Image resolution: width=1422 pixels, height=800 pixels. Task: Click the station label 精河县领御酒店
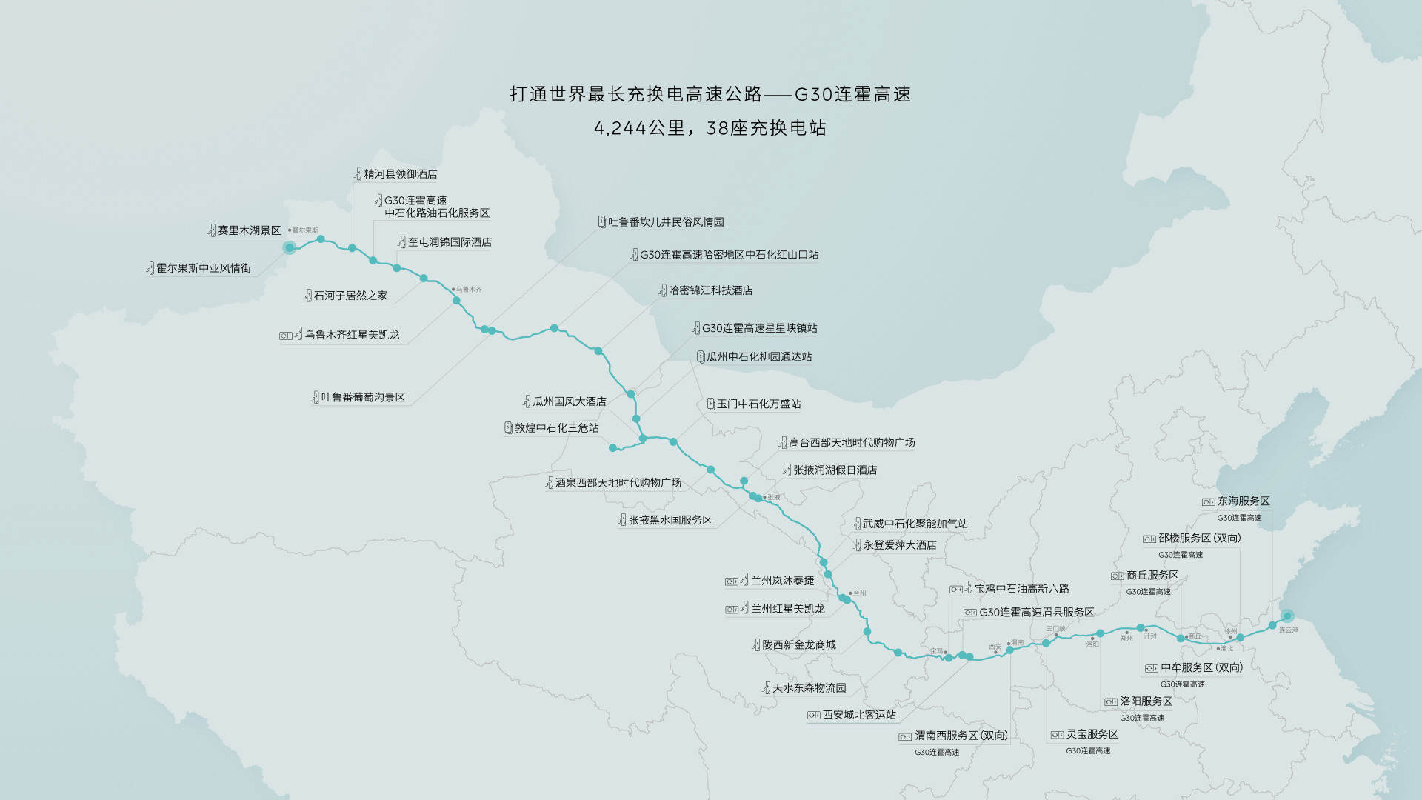point(400,174)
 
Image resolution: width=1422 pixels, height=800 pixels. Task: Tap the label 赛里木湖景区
point(249,231)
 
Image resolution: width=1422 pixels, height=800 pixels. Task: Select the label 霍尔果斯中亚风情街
point(204,268)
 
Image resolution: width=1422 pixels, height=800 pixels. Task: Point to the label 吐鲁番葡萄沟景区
point(363,398)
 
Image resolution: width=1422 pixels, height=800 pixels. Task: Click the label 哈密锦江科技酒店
point(710,290)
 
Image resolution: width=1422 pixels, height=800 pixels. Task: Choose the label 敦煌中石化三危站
point(556,428)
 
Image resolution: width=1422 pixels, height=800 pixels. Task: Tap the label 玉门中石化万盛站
point(758,404)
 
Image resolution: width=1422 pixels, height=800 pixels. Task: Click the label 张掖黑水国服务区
point(670,521)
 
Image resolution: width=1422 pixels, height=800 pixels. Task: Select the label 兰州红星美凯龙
point(787,609)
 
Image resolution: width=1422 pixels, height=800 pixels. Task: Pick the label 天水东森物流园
point(809,688)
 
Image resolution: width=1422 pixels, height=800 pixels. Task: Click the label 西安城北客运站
point(859,715)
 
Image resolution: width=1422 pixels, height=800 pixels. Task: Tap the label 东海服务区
point(1244,501)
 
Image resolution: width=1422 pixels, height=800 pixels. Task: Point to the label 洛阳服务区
point(1146,701)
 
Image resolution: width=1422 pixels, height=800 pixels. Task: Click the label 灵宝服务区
point(1092,734)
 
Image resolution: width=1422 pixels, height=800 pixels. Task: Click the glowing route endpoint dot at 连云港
point(1287,616)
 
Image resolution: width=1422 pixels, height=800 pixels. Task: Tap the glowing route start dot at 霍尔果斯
point(290,247)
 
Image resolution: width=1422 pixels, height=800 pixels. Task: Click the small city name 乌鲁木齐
point(469,290)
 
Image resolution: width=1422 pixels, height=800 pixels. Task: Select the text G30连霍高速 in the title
point(852,95)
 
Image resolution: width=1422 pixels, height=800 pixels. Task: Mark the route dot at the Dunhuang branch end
point(612,448)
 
